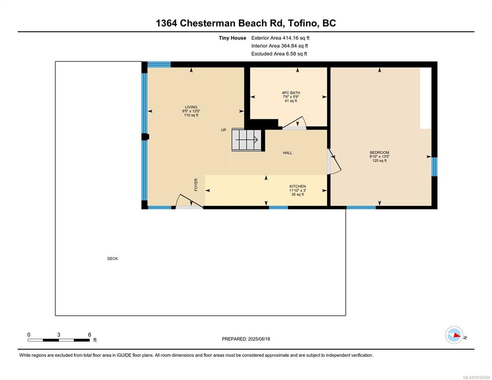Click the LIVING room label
pyautogui.click(x=191, y=107)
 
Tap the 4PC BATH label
pyautogui.click(x=291, y=93)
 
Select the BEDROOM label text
pyautogui.click(x=379, y=152)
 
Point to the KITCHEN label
pyautogui.click(x=297, y=187)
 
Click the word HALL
pyautogui.click(x=288, y=153)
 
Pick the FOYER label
pyautogui.click(x=196, y=185)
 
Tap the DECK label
pyautogui.click(x=113, y=259)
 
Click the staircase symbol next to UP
pyautogui.click(x=246, y=140)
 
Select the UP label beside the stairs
pyautogui.click(x=223, y=130)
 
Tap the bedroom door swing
pyautogui.click(x=334, y=161)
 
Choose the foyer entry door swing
pyautogui.click(x=189, y=201)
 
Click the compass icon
pyautogui.click(x=454, y=335)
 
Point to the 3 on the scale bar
pyautogui.click(x=59, y=335)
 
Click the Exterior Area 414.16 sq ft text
pyautogui.click(x=280, y=38)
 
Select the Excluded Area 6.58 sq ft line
pyautogui.click(x=279, y=53)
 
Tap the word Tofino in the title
pyautogui.click(x=303, y=23)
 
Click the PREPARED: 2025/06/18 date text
pyautogui.click(x=246, y=339)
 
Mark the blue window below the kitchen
pyautogui.click(x=278, y=207)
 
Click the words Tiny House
pyautogui.click(x=233, y=38)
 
